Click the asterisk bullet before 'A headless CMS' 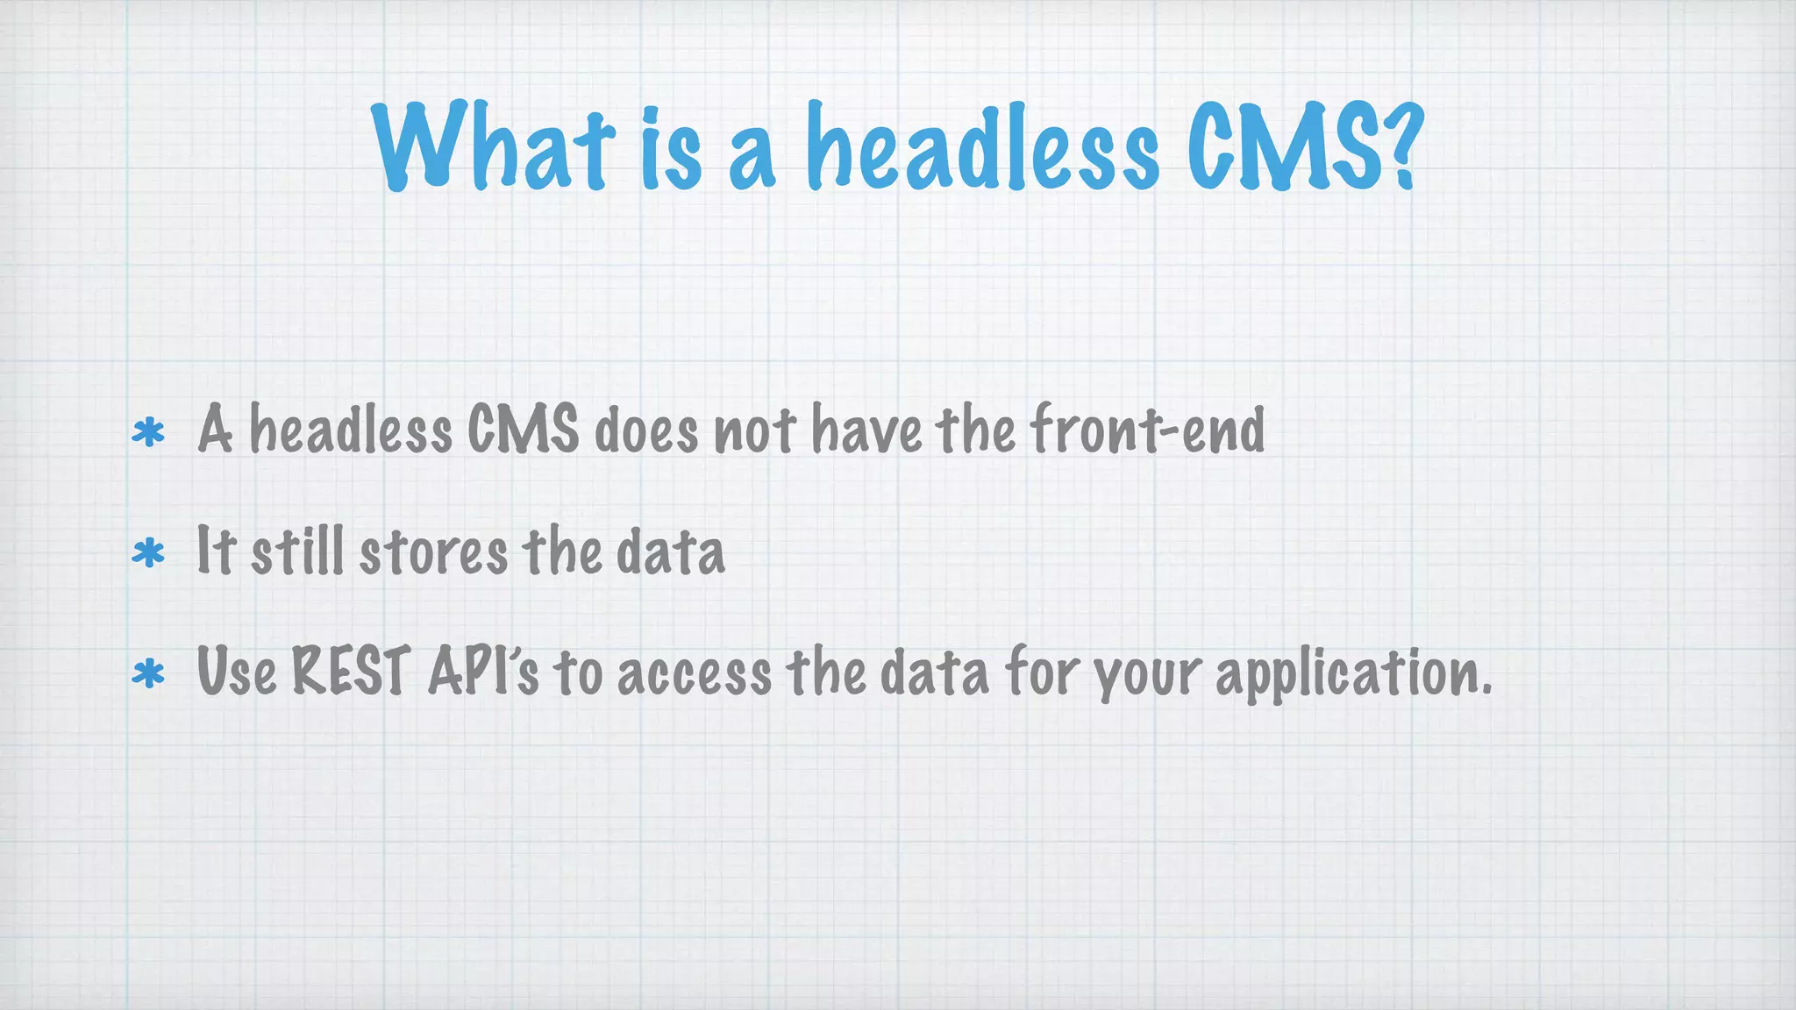[148, 433]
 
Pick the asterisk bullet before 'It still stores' [148, 554]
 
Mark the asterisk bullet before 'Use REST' [148, 674]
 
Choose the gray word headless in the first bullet [351, 430]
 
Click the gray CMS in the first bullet [523, 430]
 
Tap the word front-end [1147, 430]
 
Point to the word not [755, 431]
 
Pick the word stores [433, 553]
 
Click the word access [695, 674]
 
